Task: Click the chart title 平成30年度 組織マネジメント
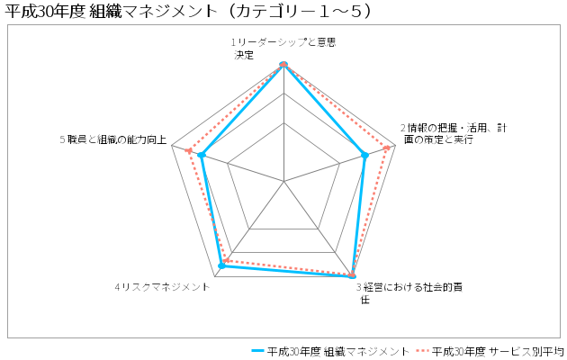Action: [x=188, y=11]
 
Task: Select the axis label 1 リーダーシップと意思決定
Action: [x=283, y=49]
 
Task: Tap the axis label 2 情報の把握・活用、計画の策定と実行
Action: [x=454, y=134]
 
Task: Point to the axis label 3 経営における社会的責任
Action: [x=409, y=293]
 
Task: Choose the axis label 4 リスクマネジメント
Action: [x=162, y=287]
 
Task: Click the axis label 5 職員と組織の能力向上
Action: [x=113, y=139]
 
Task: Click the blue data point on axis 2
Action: [x=364, y=156]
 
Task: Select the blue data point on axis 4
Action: [x=222, y=266]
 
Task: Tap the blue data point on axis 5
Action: [x=202, y=156]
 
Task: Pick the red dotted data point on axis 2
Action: [x=387, y=148]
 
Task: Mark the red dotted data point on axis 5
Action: [x=188, y=150]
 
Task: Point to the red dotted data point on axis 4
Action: [x=226, y=260]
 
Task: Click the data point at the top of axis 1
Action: [x=283, y=64]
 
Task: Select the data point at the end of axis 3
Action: [x=352, y=276]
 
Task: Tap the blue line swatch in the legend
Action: [x=257, y=351]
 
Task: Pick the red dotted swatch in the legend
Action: [x=421, y=351]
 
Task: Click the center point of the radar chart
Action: [x=283, y=181]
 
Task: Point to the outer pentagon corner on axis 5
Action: [x=171, y=146]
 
